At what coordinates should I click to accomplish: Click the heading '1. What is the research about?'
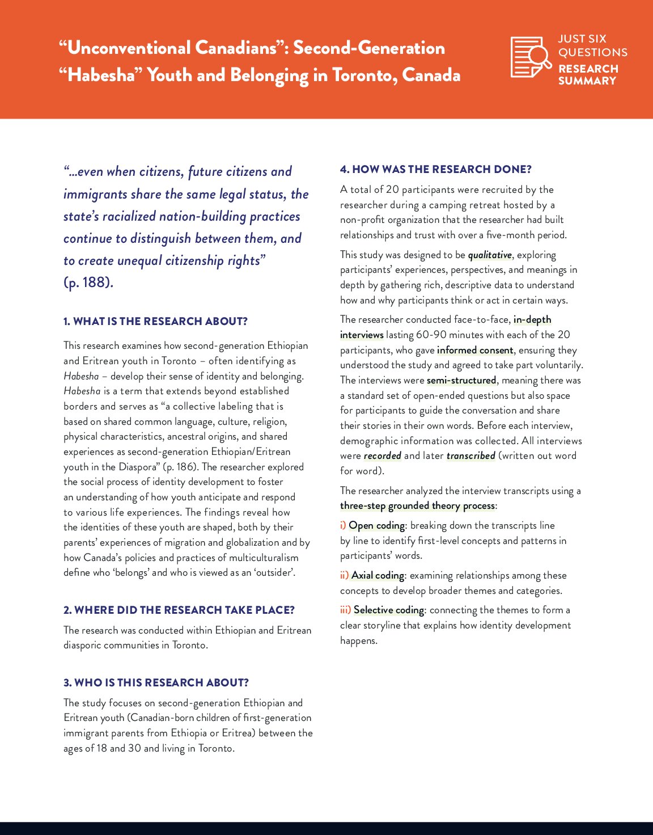[x=155, y=322]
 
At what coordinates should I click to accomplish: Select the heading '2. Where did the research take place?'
[x=179, y=610]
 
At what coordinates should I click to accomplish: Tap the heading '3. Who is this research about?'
[x=156, y=683]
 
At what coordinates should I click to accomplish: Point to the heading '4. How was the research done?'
[x=435, y=170]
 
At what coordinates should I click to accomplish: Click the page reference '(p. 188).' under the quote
[x=88, y=282]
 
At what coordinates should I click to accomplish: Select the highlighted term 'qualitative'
[x=490, y=255]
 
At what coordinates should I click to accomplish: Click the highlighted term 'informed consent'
[x=475, y=351]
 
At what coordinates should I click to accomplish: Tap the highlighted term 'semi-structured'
[x=461, y=381]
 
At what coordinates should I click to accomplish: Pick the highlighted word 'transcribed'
[x=470, y=456]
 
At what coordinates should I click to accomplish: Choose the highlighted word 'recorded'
[x=383, y=456]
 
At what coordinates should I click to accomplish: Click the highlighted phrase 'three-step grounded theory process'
[x=417, y=506]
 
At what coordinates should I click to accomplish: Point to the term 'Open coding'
[x=377, y=526]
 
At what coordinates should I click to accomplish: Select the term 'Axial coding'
[x=378, y=576]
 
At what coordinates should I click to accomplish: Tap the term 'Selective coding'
[x=389, y=610]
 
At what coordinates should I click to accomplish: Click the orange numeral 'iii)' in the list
[x=345, y=610]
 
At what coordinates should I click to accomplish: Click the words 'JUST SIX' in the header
[x=582, y=39]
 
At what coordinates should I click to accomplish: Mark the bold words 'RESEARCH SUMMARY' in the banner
[x=588, y=75]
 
